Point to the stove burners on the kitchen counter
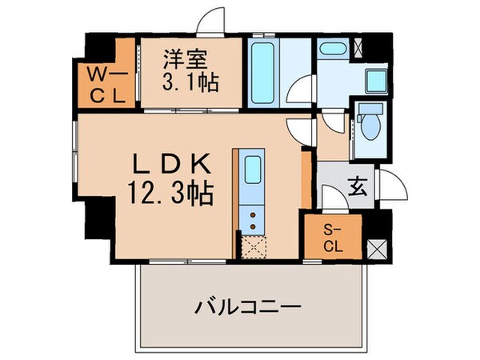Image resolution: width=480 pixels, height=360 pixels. click(253, 220)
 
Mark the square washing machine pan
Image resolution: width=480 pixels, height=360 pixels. click(373, 79)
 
